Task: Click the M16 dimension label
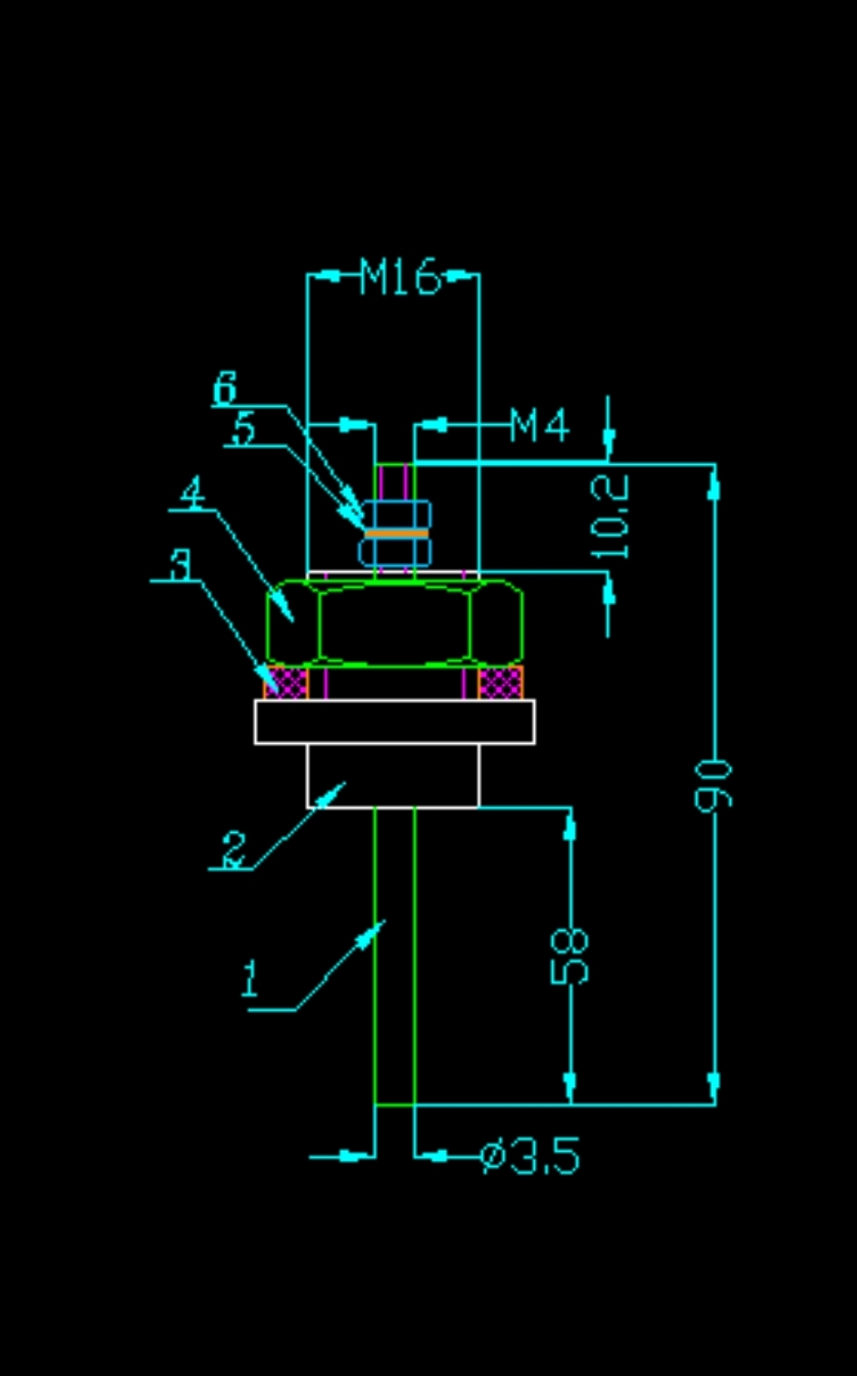[x=399, y=276]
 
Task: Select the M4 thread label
[x=539, y=425]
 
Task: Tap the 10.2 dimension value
[x=610, y=518]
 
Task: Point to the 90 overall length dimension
[x=714, y=785]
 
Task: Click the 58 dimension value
[x=570, y=956]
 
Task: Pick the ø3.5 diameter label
[x=530, y=1156]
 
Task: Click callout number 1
[x=250, y=980]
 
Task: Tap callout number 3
[x=182, y=564]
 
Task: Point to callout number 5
[x=242, y=429]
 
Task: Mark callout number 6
[x=225, y=389]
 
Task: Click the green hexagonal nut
[x=395, y=624]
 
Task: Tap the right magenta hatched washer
[x=499, y=682]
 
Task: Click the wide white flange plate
[x=394, y=722]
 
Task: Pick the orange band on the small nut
[x=396, y=533]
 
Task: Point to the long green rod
[x=395, y=954]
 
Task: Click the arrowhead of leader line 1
[x=379, y=928]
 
